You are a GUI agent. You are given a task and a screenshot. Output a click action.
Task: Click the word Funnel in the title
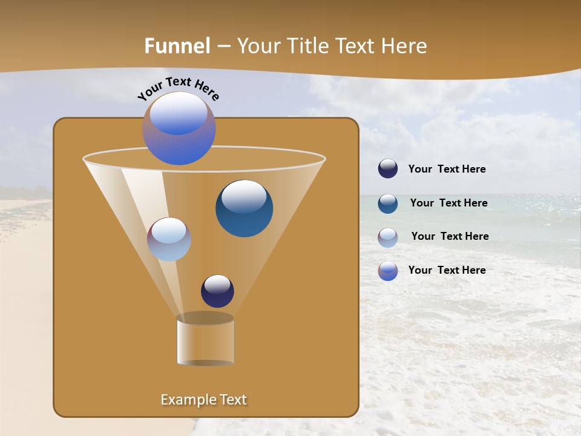click(177, 46)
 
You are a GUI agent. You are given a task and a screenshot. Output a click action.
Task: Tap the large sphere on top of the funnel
click(179, 128)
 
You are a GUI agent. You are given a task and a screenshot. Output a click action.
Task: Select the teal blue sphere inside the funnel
click(244, 209)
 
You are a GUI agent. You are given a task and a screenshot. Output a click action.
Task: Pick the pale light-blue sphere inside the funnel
click(169, 239)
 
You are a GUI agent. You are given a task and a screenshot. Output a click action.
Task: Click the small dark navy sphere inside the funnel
click(217, 291)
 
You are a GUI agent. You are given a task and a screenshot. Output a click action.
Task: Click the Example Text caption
click(204, 400)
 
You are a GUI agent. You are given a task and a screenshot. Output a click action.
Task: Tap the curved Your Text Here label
click(178, 88)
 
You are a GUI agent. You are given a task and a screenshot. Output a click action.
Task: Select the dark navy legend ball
click(388, 169)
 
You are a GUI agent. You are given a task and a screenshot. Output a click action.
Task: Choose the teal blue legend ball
click(388, 203)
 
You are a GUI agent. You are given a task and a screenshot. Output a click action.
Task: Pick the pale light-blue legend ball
click(388, 237)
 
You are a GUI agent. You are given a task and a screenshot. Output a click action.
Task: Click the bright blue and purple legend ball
click(388, 271)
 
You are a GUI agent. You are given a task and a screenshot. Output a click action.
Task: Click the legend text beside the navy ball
click(447, 170)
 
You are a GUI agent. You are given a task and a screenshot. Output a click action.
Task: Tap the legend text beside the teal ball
click(448, 203)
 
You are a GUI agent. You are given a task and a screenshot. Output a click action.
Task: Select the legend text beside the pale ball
click(450, 236)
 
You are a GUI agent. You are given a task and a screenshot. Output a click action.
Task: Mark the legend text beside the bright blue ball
click(447, 270)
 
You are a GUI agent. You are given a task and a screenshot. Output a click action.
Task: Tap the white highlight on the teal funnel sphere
click(244, 196)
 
